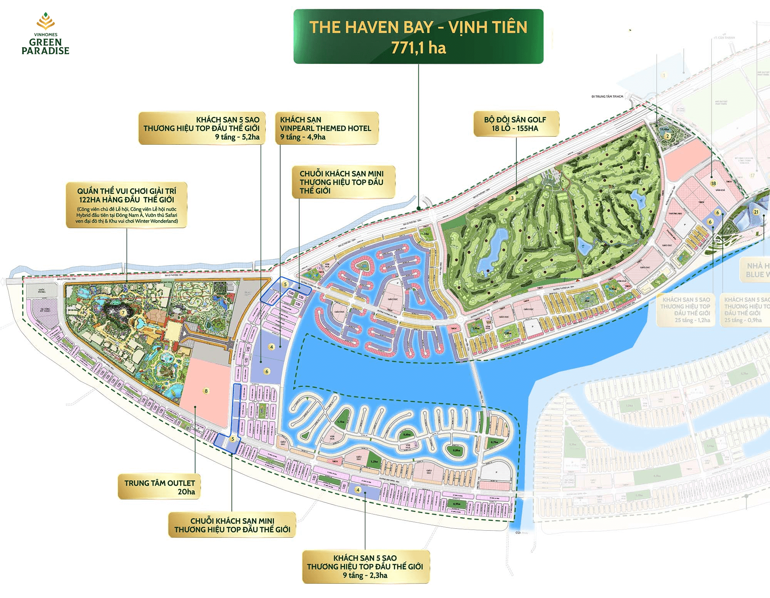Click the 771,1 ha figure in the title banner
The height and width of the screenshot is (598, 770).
(x=418, y=48)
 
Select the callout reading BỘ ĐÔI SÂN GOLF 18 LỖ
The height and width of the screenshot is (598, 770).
(x=515, y=124)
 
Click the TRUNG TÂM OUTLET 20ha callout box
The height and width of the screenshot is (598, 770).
(x=159, y=487)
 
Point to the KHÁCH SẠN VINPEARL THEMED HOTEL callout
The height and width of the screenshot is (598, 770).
(x=326, y=128)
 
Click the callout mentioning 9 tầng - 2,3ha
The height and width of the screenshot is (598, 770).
(x=365, y=566)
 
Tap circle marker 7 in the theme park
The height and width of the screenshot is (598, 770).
(x=123, y=313)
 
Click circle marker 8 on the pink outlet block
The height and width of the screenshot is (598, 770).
(x=206, y=391)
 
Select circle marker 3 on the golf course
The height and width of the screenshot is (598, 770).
(x=512, y=198)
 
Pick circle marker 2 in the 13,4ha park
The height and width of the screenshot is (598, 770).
(x=668, y=136)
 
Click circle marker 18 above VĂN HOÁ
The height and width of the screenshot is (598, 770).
(x=713, y=183)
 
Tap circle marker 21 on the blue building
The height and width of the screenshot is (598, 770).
(x=756, y=212)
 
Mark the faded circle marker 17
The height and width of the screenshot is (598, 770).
(x=752, y=175)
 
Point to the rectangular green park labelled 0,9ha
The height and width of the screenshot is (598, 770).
(x=457, y=504)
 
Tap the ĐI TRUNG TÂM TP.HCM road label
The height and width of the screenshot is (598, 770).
(x=607, y=97)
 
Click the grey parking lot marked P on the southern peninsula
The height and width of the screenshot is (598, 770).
(x=497, y=472)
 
